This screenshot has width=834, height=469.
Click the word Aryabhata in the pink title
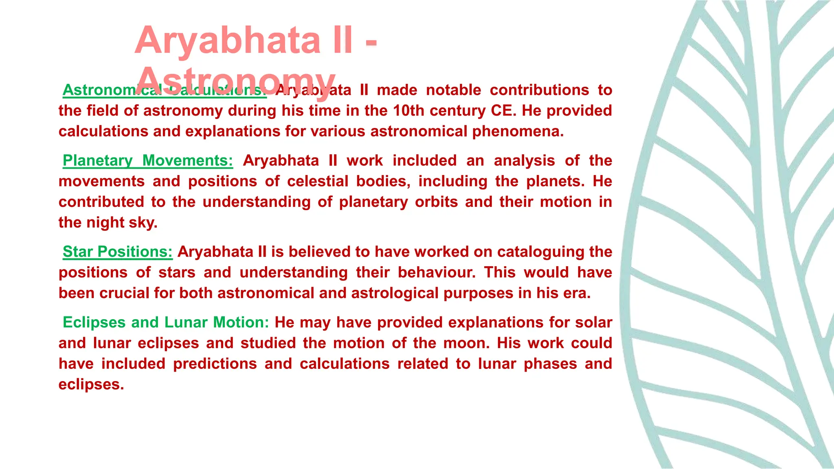(228, 40)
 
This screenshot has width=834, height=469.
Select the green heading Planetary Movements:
(148, 160)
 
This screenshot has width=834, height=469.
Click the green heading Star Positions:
(118, 252)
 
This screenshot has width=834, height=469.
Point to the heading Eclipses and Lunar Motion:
(166, 322)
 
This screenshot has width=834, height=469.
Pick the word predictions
(215, 364)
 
